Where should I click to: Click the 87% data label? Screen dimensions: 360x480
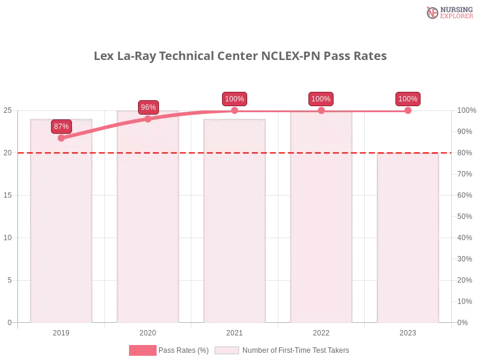tap(61, 127)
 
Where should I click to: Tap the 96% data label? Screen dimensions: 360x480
tap(148, 107)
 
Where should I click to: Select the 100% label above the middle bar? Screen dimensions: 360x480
tap(235, 99)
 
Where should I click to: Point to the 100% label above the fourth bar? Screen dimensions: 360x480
tap(321, 99)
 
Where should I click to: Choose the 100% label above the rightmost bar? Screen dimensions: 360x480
tap(408, 99)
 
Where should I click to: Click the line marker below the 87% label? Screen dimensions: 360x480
tap(61, 138)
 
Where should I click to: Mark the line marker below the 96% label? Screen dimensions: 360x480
tap(148, 119)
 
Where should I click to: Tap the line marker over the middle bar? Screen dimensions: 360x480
tap(235, 110)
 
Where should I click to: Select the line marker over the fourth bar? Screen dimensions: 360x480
tap(321, 110)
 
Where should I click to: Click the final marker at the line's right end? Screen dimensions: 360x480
tap(408, 110)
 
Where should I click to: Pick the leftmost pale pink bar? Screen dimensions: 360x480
tap(62, 228)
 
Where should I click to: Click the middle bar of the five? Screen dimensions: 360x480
tap(235, 228)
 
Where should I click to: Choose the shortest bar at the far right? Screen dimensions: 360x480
tap(408, 240)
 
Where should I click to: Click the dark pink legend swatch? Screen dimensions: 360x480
tap(142, 350)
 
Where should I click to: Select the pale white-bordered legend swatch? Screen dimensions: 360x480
tap(227, 350)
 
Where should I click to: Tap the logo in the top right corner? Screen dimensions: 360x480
tap(448, 12)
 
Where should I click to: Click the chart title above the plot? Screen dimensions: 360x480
tap(240, 56)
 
